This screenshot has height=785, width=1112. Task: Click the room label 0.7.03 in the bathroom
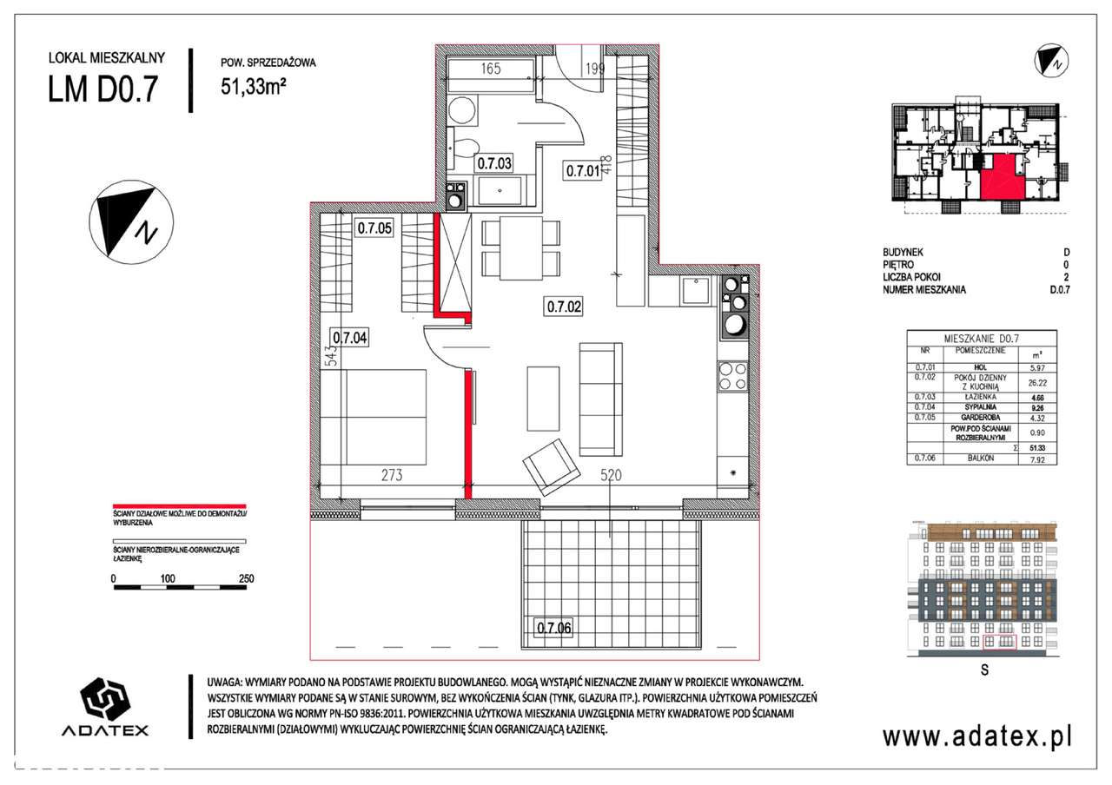pyautogui.click(x=493, y=162)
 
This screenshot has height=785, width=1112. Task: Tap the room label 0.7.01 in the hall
pyautogui.click(x=583, y=171)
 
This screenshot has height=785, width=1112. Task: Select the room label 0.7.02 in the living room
pyautogui.click(x=563, y=305)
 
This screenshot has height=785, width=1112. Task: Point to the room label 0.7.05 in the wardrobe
pyautogui.click(x=374, y=229)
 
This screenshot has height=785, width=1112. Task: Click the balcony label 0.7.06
pyautogui.click(x=553, y=627)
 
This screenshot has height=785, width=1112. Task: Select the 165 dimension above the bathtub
pyautogui.click(x=491, y=69)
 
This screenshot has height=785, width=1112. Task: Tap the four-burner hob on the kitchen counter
pyautogui.click(x=731, y=377)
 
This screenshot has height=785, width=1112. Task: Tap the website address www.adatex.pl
pyautogui.click(x=977, y=736)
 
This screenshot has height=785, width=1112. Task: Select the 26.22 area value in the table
pyautogui.click(x=1032, y=381)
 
